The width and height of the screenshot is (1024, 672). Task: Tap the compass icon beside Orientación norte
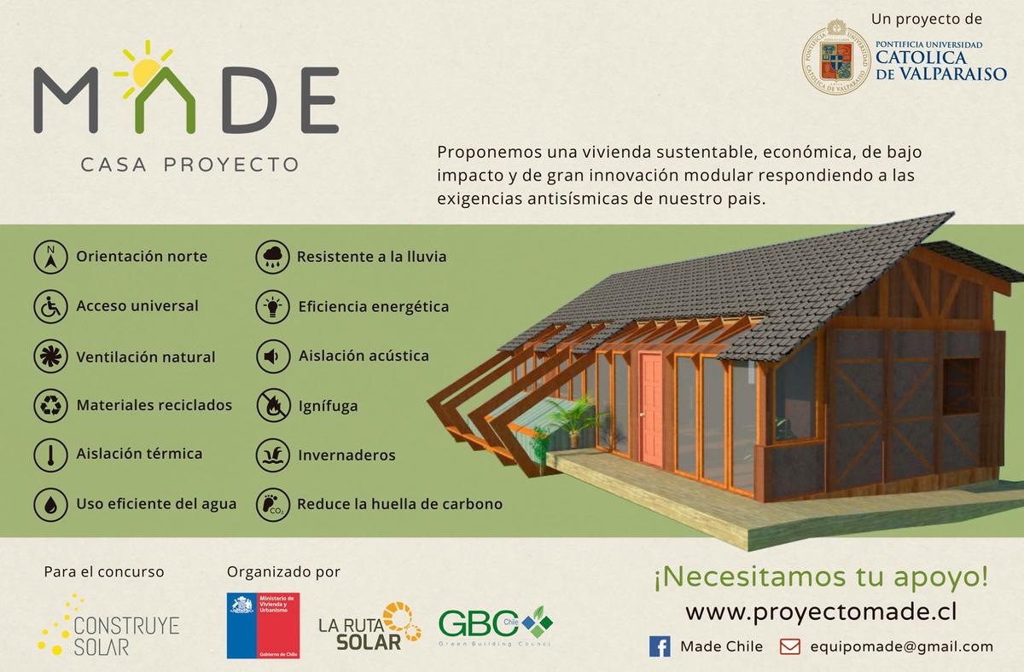click(x=50, y=257)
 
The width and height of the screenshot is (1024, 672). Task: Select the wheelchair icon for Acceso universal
click(x=50, y=306)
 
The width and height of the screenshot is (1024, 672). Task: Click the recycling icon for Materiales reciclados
click(x=50, y=405)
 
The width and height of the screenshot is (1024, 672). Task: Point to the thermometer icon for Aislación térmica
click(x=50, y=455)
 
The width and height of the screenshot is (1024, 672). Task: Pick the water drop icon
click(x=50, y=504)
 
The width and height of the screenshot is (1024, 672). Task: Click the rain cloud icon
click(x=272, y=257)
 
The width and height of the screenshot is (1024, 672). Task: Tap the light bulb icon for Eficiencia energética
click(x=272, y=306)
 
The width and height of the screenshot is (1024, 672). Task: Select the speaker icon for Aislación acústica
click(x=272, y=356)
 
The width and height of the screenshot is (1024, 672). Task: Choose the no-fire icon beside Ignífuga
click(x=272, y=405)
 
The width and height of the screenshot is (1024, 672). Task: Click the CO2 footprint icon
click(x=272, y=504)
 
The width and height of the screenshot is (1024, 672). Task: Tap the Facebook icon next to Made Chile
click(x=660, y=646)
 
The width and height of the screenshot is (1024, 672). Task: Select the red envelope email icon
click(x=789, y=646)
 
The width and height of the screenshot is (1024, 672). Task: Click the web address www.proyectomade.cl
click(x=820, y=612)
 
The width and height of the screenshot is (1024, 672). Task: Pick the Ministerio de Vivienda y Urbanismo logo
click(x=263, y=626)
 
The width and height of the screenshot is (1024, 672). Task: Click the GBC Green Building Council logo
click(x=495, y=626)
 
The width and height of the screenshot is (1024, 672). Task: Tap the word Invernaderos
click(x=346, y=455)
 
